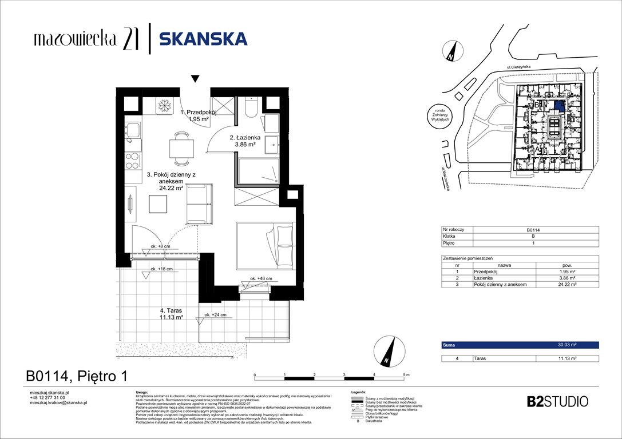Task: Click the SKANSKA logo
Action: [x=203, y=39]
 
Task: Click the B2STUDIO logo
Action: [x=557, y=401]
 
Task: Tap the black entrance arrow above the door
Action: [x=195, y=79]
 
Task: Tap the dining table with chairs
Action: [x=181, y=146]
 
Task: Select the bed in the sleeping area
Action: [x=264, y=244]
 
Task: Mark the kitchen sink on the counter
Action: [x=133, y=131]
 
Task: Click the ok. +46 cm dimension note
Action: [x=260, y=279]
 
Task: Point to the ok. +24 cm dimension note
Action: [x=222, y=315]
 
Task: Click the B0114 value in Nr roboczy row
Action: [x=535, y=230]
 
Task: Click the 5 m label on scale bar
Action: [x=406, y=374]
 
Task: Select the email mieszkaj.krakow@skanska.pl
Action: [x=58, y=402]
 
